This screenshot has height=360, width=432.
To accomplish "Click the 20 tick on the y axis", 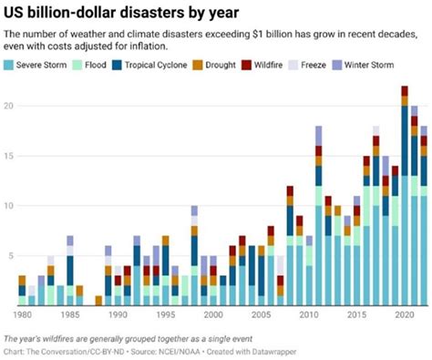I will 8,106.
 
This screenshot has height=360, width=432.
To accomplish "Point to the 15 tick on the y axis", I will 8,156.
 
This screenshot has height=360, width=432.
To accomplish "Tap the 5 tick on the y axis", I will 10,256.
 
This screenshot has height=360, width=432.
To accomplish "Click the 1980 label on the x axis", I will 25,314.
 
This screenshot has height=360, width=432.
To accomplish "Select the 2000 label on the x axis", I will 212,314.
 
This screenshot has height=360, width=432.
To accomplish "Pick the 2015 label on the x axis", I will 356,314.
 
